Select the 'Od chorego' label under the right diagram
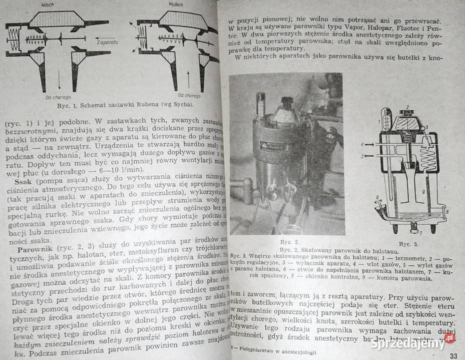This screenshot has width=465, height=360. tap(189, 95)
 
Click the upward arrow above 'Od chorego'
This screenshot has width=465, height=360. tap(188, 79)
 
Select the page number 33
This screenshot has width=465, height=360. tap(453, 355)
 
